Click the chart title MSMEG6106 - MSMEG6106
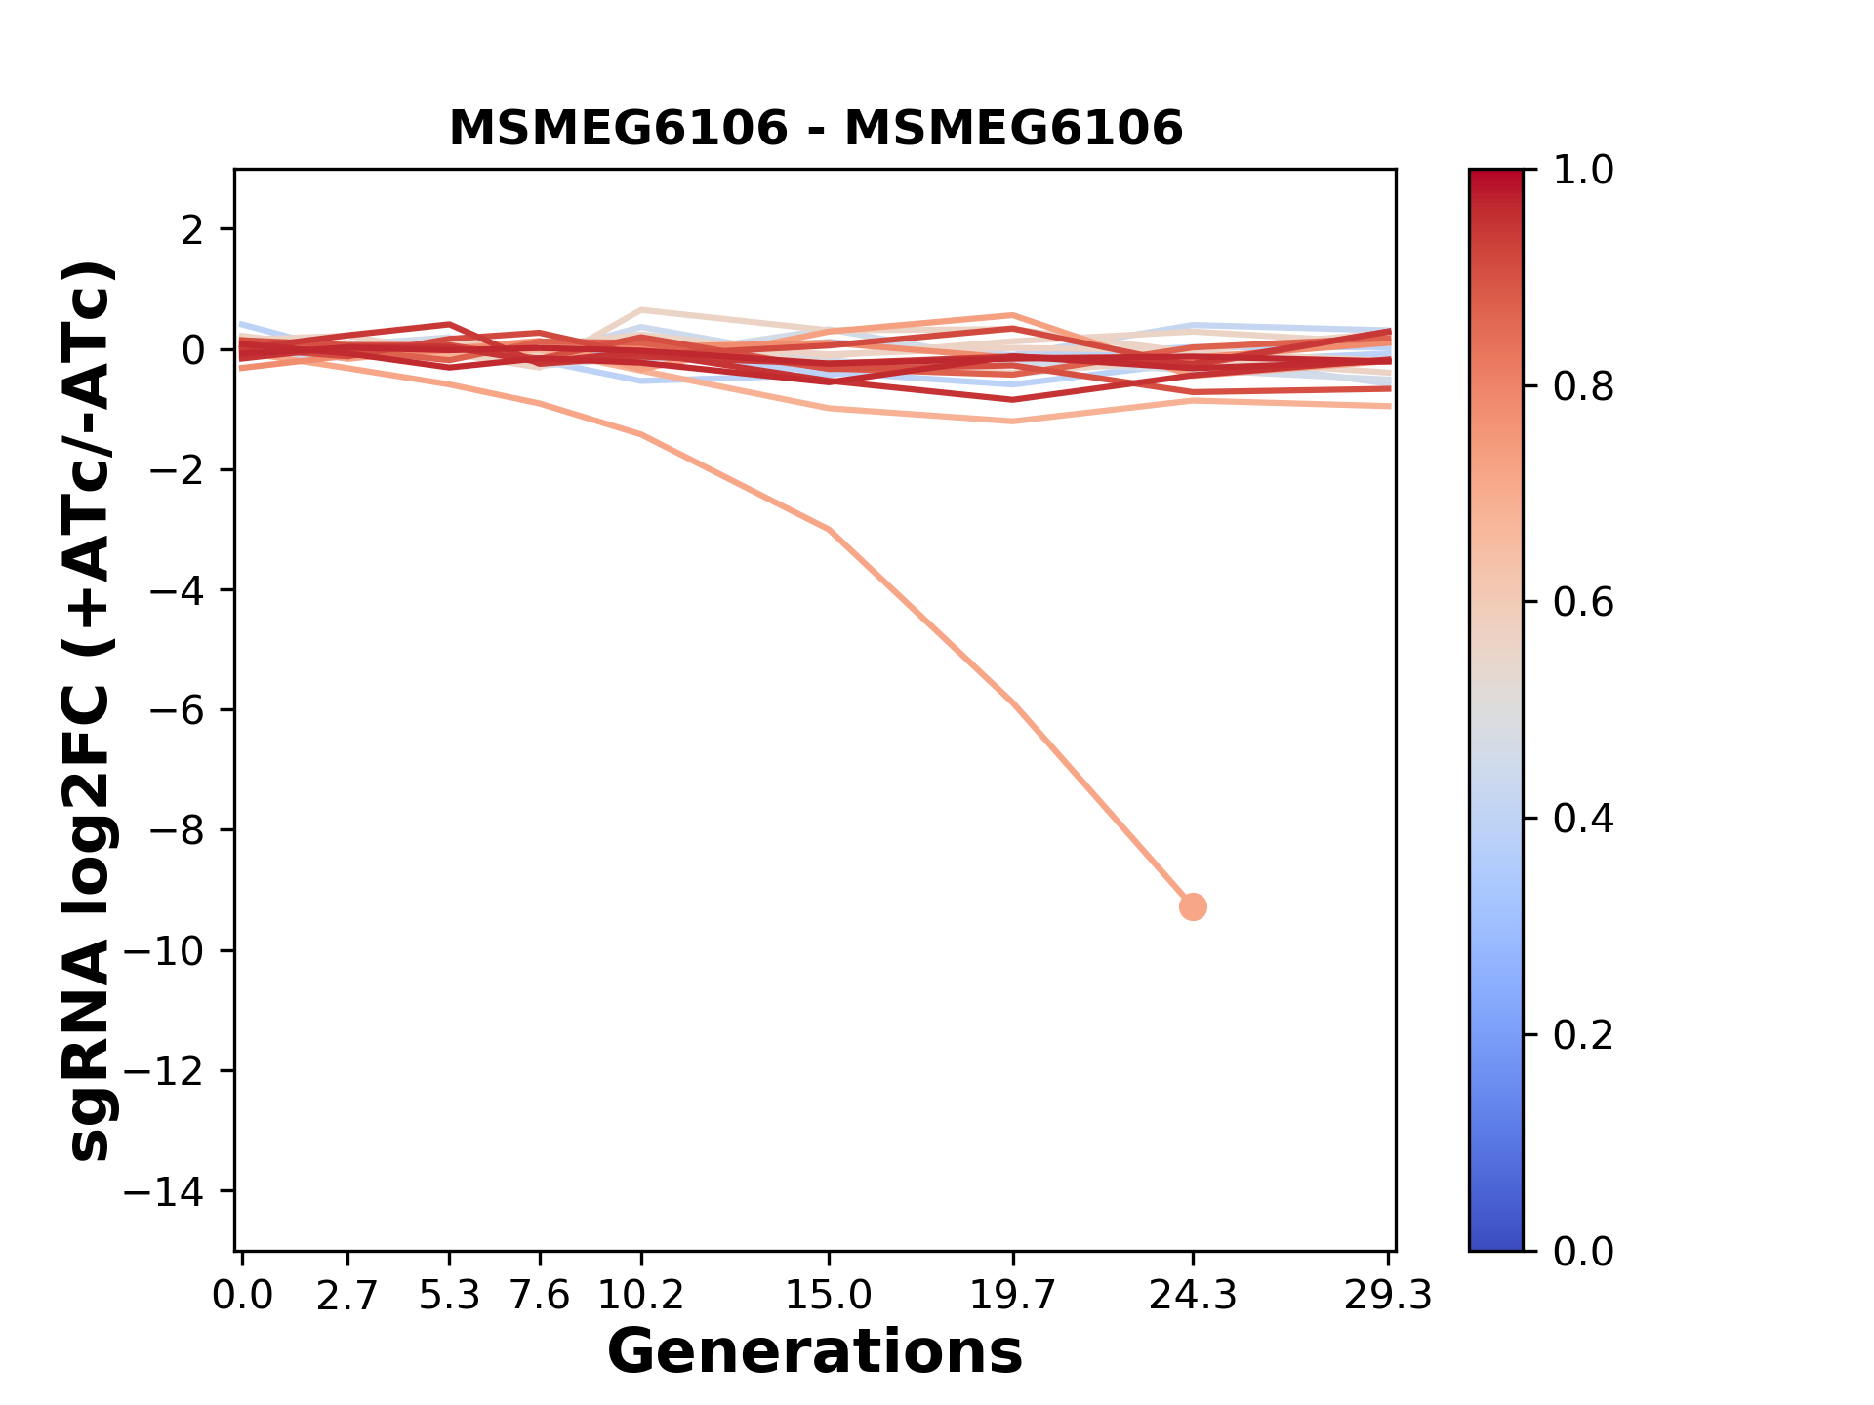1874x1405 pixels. (x=815, y=129)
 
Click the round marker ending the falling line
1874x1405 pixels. (x=1193, y=906)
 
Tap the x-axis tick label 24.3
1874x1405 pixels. (x=1192, y=1296)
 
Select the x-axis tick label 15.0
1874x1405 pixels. (x=829, y=1296)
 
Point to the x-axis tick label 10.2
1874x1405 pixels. (x=640, y=1296)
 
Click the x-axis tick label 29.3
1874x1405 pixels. (x=1388, y=1296)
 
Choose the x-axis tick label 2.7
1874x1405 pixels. (x=347, y=1296)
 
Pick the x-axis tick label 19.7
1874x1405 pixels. (x=1013, y=1296)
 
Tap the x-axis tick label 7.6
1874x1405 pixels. (x=540, y=1296)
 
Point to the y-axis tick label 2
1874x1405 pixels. (x=193, y=229)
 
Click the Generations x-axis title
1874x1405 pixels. (x=815, y=1352)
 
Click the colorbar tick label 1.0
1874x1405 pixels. (x=1583, y=171)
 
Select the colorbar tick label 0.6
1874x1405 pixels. (x=1583, y=602)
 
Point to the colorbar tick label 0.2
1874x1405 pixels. (x=1583, y=1034)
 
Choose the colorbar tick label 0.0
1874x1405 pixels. (x=1583, y=1251)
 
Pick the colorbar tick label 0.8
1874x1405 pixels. (x=1583, y=386)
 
